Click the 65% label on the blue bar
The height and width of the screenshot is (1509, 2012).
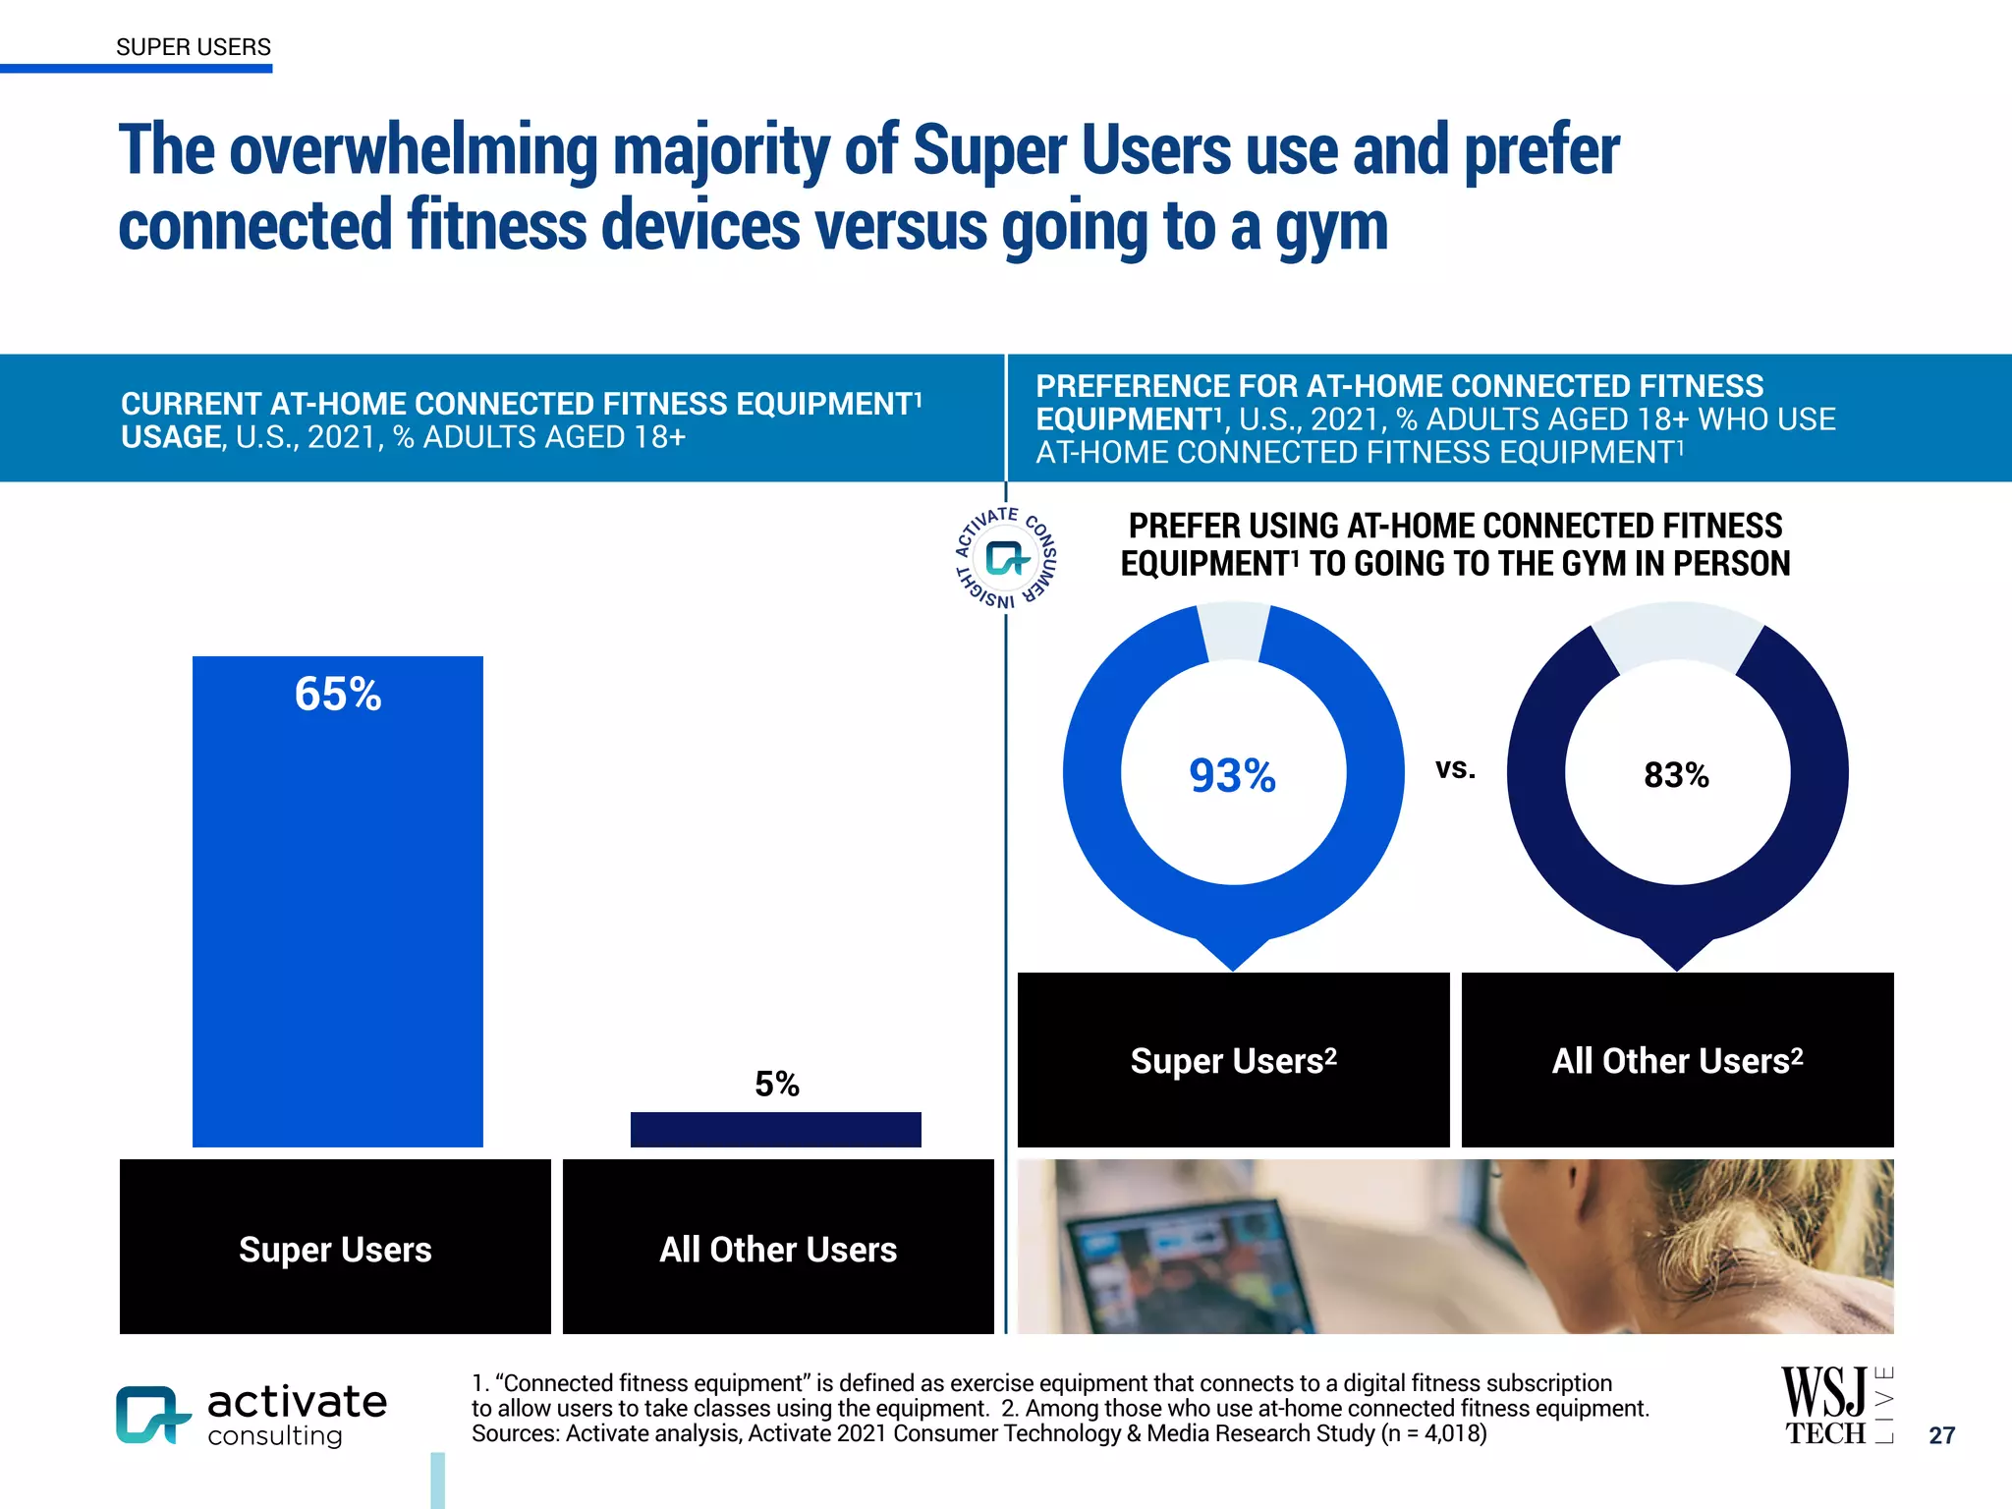pos(337,695)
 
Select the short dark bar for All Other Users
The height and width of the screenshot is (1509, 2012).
pos(775,1130)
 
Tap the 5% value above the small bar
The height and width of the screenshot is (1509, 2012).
pos(776,1084)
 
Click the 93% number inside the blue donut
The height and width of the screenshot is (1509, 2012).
pos(1232,776)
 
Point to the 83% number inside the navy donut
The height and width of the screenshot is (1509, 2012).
pos(1676,775)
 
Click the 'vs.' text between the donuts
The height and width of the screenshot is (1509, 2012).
pos(1455,768)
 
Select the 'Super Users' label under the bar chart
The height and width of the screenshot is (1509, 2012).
pos(335,1249)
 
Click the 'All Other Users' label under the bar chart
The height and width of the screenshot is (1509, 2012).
pos(777,1249)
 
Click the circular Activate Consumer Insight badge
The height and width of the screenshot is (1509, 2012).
pos(1006,558)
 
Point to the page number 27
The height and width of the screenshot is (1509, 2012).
pos(1941,1435)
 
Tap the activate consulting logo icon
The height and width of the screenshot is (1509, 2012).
pos(150,1415)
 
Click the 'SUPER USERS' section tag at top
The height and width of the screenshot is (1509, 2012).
pos(193,47)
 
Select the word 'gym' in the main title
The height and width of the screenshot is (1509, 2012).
pos(1330,228)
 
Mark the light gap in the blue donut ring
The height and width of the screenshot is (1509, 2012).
pos(1234,632)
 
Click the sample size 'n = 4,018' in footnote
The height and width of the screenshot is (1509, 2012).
pos(1433,1433)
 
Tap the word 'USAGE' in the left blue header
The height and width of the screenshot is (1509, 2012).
pos(171,437)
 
